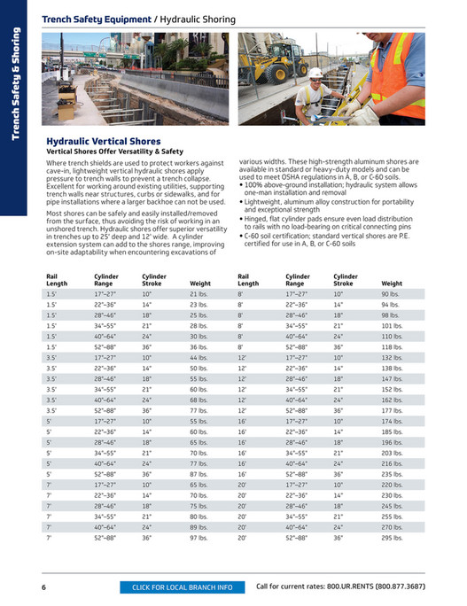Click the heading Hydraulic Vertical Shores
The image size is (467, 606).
pos(103,142)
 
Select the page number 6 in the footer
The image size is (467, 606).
pos(43,587)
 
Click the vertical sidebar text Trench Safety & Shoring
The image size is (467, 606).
pos(15,85)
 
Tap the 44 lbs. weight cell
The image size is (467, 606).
pos(198,356)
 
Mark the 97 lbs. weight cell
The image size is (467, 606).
pos(198,537)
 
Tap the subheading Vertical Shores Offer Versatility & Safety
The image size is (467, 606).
pos(113,151)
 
